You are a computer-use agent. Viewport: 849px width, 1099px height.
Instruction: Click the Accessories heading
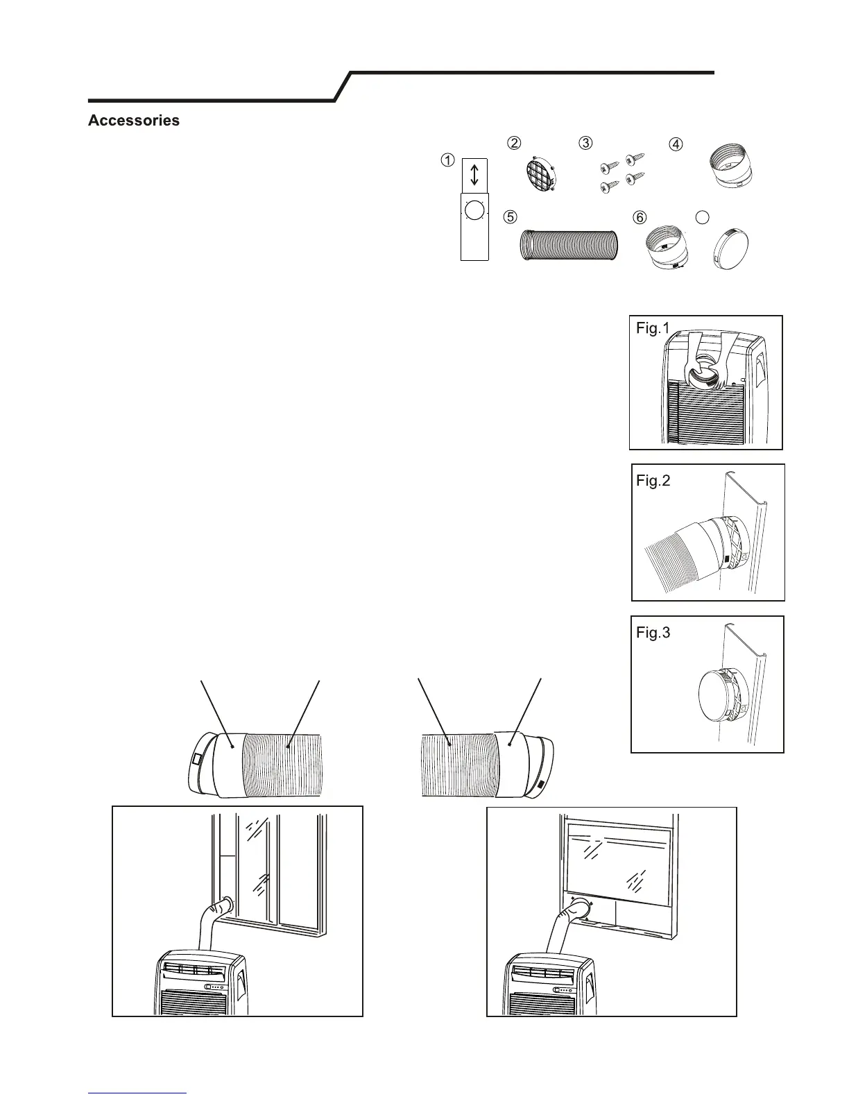click(134, 121)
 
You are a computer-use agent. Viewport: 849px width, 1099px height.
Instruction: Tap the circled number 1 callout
click(448, 160)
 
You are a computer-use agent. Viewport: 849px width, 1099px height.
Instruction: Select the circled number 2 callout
click(514, 143)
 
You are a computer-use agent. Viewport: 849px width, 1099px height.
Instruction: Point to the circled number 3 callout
click(586, 143)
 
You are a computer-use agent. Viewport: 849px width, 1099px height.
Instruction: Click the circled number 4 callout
click(675, 144)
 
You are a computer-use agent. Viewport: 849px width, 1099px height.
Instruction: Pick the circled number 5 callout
click(510, 217)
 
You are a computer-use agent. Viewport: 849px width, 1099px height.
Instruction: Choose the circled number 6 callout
click(640, 217)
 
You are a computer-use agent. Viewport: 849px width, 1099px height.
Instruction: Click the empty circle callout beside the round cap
click(702, 217)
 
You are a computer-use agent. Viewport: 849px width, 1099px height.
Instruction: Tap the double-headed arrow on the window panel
click(475, 174)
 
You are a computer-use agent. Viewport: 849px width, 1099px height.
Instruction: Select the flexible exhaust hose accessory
click(568, 245)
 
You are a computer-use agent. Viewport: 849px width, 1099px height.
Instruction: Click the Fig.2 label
click(653, 480)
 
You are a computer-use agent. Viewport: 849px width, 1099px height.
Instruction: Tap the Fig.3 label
click(653, 633)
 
